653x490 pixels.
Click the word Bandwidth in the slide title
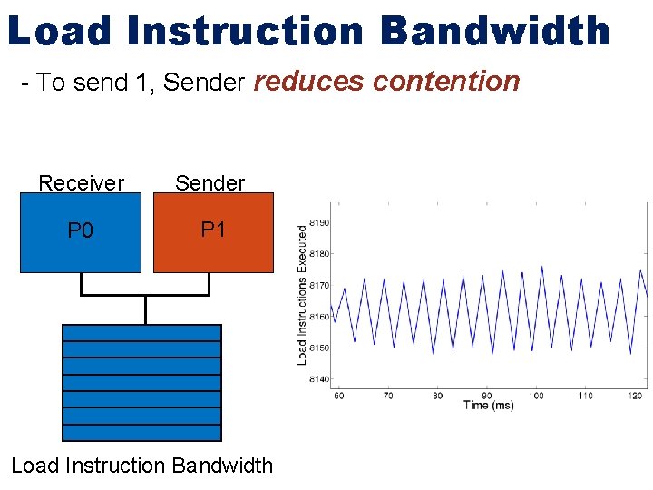coord(495,31)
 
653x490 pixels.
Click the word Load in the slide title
coord(59,31)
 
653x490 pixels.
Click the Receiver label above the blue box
coord(81,183)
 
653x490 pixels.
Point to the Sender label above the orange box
coord(210,183)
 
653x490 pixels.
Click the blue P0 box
coord(81,233)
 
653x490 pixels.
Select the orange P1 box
coord(213,233)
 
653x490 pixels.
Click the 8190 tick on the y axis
coord(318,222)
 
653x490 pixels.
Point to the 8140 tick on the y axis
coord(318,379)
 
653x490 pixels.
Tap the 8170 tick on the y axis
coord(318,285)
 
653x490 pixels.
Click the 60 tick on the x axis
coord(338,396)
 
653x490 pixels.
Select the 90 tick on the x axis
coord(487,396)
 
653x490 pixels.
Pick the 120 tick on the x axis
coord(636,396)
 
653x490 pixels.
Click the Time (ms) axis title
coord(488,406)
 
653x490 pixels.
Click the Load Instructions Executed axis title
coord(303,296)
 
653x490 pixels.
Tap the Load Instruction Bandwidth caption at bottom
coord(141,465)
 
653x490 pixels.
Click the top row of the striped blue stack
coord(141,333)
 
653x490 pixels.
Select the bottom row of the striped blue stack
coord(141,433)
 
